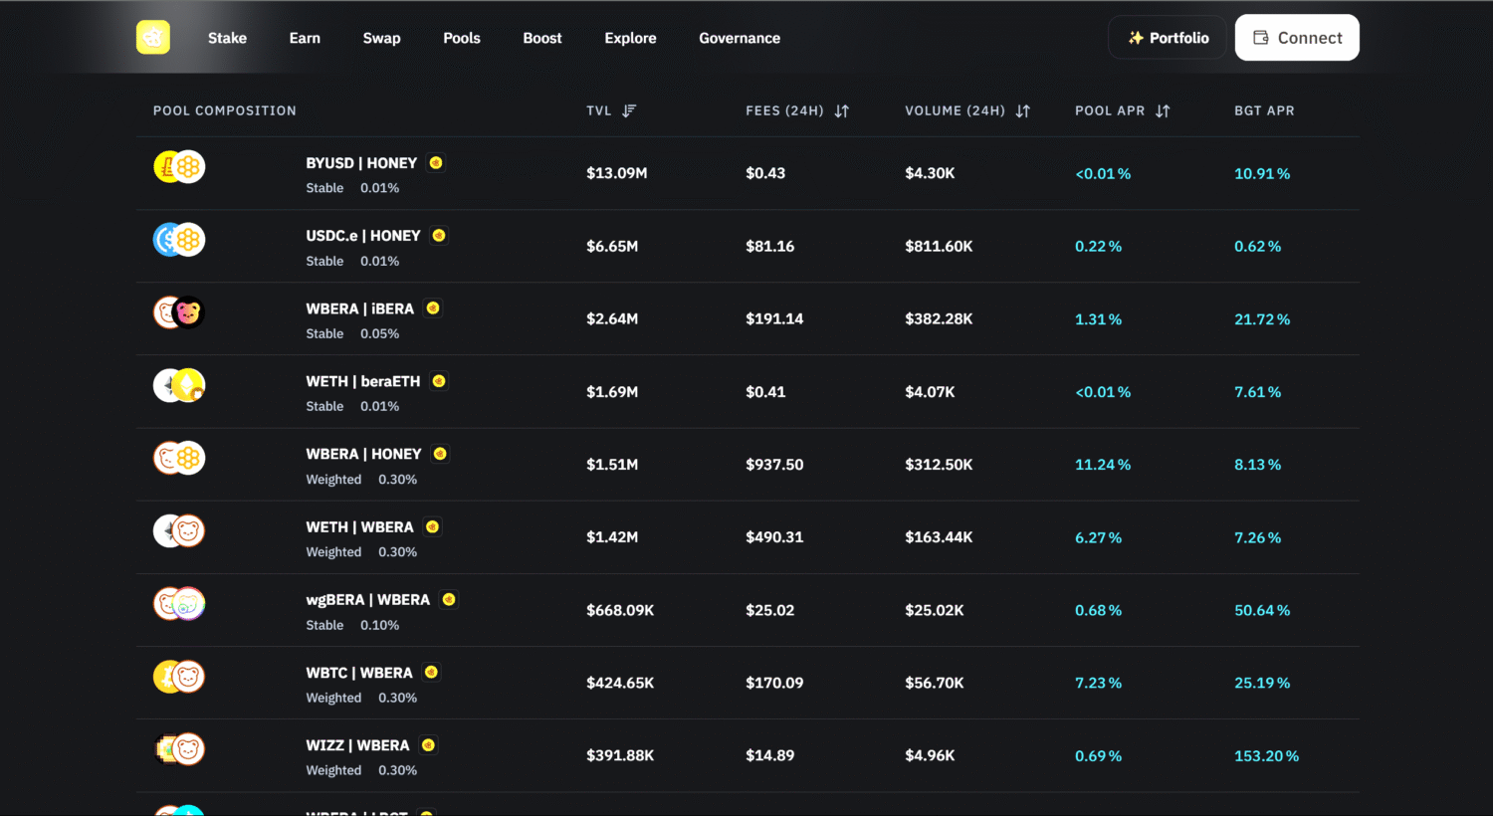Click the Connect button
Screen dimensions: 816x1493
pyautogui.click(x=1297, y=38)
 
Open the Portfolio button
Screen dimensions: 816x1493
pyautogui.click(x=1168, y=38)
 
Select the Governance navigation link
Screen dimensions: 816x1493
pyautogui.click(x=740, y=38)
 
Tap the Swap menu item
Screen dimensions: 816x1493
pyautogui.click(x=381, y=38)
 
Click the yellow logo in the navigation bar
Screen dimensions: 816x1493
pyautogui.click(x=153, y=38)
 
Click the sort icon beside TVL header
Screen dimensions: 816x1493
pyautogui.click(x=629, y=110)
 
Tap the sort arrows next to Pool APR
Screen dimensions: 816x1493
pyautogui.click(x=1163, y=110)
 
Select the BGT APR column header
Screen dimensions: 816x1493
pyautogui.click(x=1264, y=110)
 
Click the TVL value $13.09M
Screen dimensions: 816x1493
pyautogui.click(x=616, y=173)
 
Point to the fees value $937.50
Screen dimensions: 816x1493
pyautogui.click(x=774, y=465)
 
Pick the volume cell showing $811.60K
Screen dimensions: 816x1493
pyautogui.click(x=939, y=246)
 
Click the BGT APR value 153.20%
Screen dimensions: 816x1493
pyautogui.click(x=1266, y=756)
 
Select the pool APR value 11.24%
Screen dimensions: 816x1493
pyautogui.click(x=1103, y=465)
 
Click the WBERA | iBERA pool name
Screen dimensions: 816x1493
pyautogui.click(x=359, y=308)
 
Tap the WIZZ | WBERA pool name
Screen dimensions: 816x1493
pyautogui.click(x=357, y=745)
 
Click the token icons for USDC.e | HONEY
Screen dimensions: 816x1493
pyautogui.click(x=179, y=240)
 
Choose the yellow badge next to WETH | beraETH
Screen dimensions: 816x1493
pyautogui.click(x=439, y=381)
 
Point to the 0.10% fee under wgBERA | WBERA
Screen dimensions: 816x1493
pyautogui.click(x=379, y=625)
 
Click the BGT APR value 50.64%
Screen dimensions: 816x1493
pyautogui.click(x=1262, y=610)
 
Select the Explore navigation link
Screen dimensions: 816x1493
pyautogui.click(x=630, y=38)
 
